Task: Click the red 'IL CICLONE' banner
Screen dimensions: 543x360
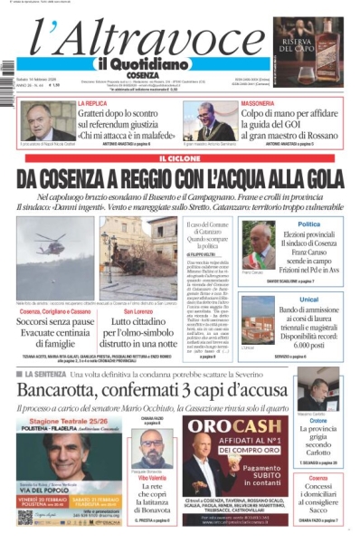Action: click(180, 159)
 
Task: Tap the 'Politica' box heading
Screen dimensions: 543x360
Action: click(308, 224)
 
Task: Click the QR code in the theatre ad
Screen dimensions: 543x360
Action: click(24, 518)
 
